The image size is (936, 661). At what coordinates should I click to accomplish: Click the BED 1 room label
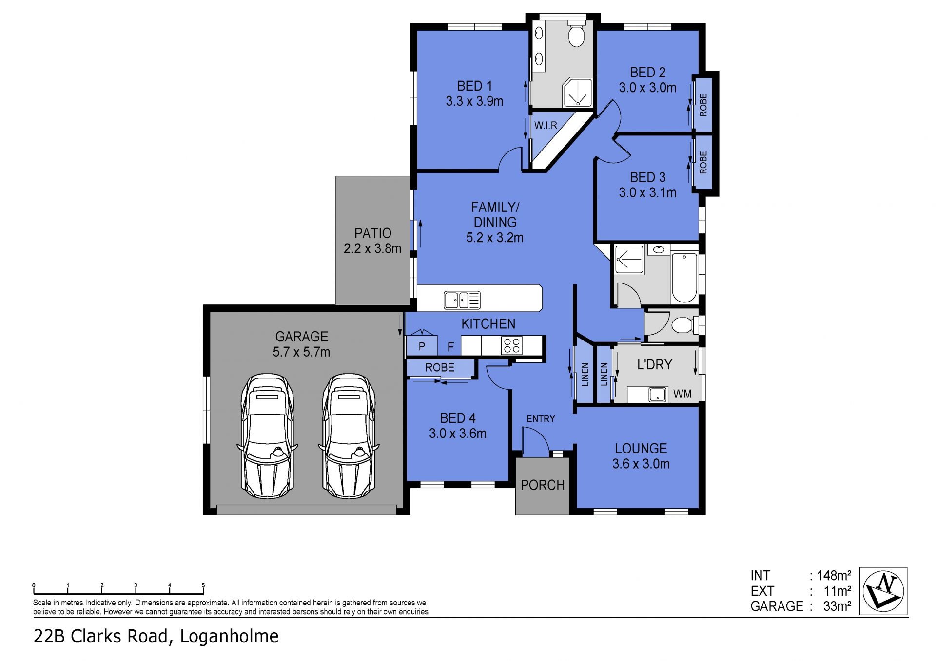point(474,86)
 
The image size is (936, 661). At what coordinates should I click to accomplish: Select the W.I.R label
point(546,125)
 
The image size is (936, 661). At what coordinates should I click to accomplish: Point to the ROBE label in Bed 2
point(703,105)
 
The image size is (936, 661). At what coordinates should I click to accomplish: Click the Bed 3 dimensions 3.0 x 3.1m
point(647,193)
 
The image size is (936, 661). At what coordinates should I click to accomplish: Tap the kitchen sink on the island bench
point(462,300)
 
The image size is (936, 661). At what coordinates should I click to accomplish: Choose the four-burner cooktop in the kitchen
point(512,345)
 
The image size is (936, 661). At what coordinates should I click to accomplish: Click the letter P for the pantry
point(422,347)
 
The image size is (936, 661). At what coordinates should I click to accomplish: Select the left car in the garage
point(268,436)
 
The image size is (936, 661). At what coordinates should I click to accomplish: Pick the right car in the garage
point(349,436)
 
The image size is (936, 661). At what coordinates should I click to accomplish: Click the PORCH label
point(543,485)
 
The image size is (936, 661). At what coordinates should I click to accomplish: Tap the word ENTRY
point(541,419)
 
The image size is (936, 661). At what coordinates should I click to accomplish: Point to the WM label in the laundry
point(682,394)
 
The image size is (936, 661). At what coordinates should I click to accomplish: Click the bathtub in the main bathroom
point(684,278)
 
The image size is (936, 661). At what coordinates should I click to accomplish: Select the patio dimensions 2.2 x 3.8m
point(372,249)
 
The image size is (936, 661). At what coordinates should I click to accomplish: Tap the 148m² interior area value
point(834,576)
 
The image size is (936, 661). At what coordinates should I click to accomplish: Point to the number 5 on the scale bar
point(203,586)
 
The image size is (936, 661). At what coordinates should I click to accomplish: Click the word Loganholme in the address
point(229,636)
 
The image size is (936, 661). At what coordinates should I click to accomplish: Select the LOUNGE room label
point(641,449)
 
